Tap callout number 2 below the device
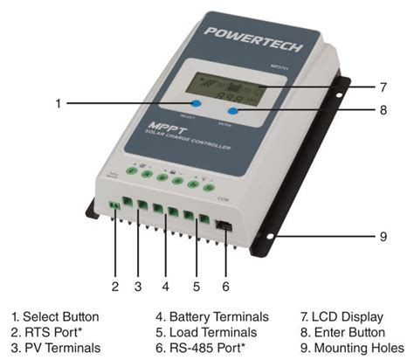(x=114, y=286)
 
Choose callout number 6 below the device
(x=225, y=286)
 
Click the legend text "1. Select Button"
(x=55, y=316)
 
